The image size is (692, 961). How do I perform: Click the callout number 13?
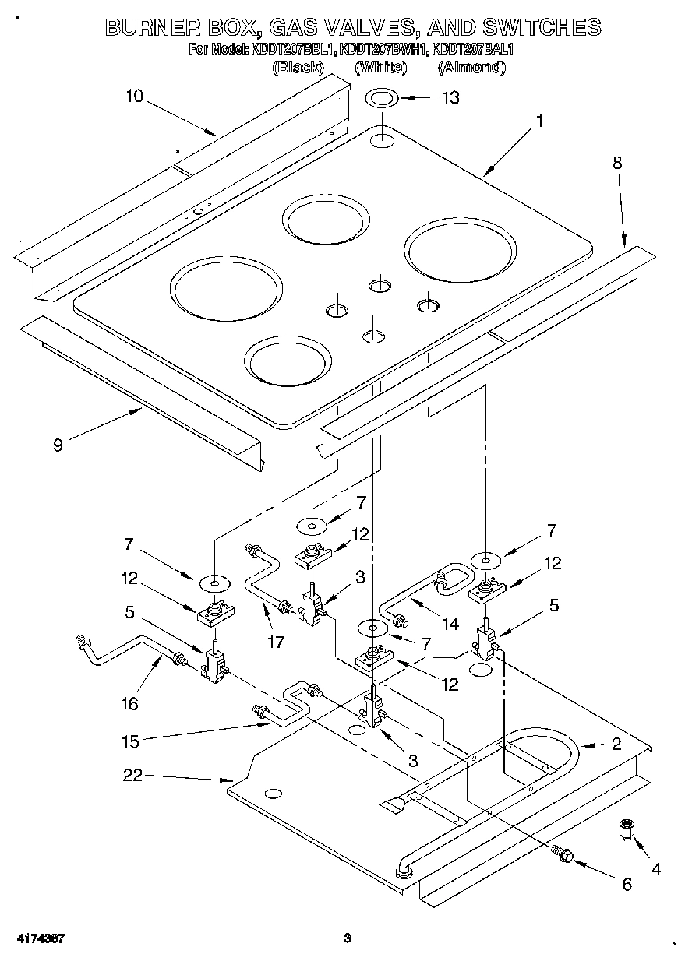[x=450, y=97]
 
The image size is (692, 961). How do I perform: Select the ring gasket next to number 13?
[x=382, y=99]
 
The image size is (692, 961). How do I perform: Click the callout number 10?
[x=134, y=96]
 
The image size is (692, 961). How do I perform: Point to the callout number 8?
[x=616, y=164]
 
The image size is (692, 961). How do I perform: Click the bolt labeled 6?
[x=563, y=855]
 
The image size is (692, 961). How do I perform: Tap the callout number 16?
[x=129, y=703]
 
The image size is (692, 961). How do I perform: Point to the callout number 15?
[x=130, y=741]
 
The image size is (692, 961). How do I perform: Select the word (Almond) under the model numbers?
[x=471, y=68]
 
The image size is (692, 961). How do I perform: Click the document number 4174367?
[x=38, y=938]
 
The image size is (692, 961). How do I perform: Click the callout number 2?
[x=616, y=744]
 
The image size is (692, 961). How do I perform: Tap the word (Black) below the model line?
[x=298, y=68]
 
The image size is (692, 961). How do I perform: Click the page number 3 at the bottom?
[x=348, y=938]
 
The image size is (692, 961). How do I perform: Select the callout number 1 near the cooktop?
[x=538, y=121]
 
